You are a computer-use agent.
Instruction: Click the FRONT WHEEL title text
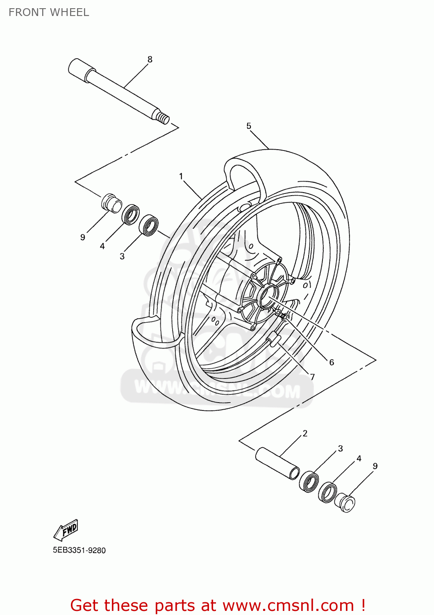pos(49,12)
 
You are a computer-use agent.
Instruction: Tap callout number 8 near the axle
pos(150,59)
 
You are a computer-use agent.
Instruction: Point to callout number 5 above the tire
pos(249,126)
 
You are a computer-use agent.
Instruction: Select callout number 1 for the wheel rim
pos(181,176)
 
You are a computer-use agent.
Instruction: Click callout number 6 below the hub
pos(332,362)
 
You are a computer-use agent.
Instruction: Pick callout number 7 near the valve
pos(312,377)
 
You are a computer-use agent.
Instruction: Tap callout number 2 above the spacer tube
pos(305,433)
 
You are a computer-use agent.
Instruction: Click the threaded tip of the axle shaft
pos(163,118)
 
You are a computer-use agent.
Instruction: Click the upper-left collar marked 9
pos(111,203)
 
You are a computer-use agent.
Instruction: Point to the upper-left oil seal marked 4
pos(131,214)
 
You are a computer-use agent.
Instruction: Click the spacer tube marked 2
pos(277,463)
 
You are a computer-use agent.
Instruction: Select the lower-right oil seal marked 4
pos(328,492)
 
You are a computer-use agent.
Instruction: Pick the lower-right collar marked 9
pos(345,503)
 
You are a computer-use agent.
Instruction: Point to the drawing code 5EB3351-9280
pos(79,550)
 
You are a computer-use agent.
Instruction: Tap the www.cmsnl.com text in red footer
pos(288,606)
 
